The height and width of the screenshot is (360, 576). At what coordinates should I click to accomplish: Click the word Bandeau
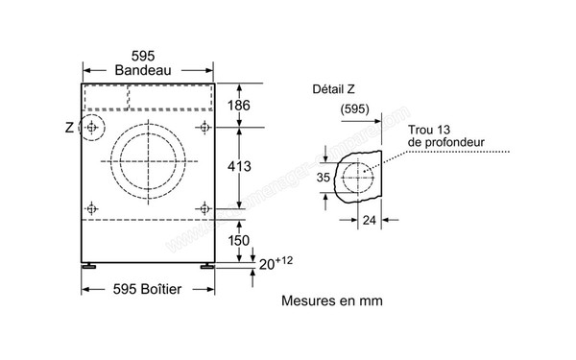tap(146, 70)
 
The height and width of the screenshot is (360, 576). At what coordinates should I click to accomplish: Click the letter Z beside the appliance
tap(68, 127)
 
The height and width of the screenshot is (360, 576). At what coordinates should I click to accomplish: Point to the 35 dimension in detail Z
tap(323, 177)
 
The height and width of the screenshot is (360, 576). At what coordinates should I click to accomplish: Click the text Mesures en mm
tap(331, 300)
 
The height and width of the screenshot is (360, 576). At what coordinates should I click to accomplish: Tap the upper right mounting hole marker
tap(204, 127)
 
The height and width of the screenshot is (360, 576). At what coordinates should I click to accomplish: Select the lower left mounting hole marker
tap(91, 207)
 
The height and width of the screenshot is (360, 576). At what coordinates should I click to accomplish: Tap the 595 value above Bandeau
tap(146, 55)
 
